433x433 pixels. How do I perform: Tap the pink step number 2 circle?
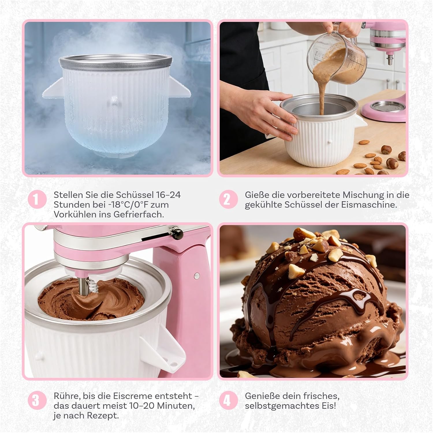pyautogui.click(x=227, y=199)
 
